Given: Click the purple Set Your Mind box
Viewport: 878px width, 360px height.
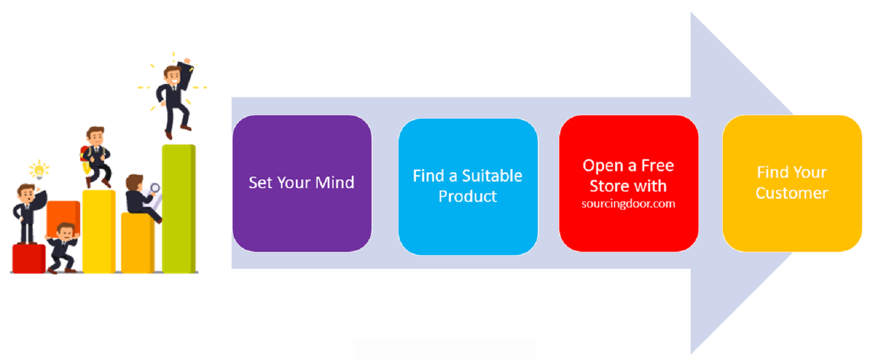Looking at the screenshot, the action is [x=302, y=183].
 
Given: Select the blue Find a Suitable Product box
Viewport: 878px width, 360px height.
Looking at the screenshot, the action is [x=468, y=187].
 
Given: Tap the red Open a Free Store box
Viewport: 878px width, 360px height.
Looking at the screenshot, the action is [x=629, y=183].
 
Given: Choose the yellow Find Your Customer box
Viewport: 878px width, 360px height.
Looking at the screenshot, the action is [x=792, y=183].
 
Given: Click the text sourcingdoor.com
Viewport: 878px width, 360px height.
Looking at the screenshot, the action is [x=628, y=204].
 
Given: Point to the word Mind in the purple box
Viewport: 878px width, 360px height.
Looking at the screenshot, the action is [x=335, y=182].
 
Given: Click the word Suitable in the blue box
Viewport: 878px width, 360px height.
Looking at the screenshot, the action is [x=492, y=176].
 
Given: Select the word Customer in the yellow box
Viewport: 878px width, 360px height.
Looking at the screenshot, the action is [x=792, y=193].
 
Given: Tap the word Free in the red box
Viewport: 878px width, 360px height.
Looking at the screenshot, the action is [x=657, y=166].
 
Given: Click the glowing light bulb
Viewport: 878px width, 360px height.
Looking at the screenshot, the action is [x=39, y=170].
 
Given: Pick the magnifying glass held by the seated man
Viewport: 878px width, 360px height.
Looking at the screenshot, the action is [x=155, y=188].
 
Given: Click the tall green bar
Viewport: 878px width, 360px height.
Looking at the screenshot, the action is [x=179, y=208].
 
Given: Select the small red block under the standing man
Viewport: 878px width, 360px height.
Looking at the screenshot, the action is [x=29, y=258].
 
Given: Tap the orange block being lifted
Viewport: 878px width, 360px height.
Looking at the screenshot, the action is [x=63, y=218].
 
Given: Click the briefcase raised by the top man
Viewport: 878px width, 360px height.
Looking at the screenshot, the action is [x=184, y=75].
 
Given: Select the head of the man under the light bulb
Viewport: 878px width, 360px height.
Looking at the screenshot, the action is [x=27, y=193].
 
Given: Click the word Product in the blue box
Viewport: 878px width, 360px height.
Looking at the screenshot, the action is [x=468, y=196].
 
